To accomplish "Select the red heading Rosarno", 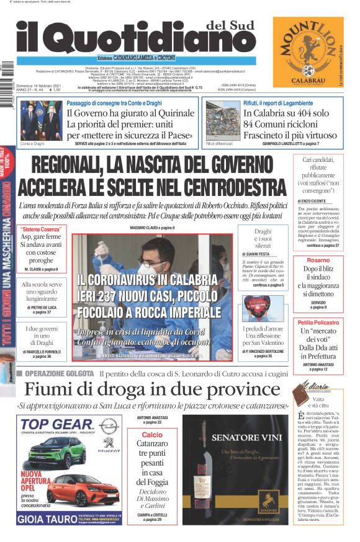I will point(318,260).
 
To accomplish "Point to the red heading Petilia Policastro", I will point(318,323).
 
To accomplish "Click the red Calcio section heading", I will point(152,435).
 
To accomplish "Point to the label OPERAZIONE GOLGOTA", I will point(60,373).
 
